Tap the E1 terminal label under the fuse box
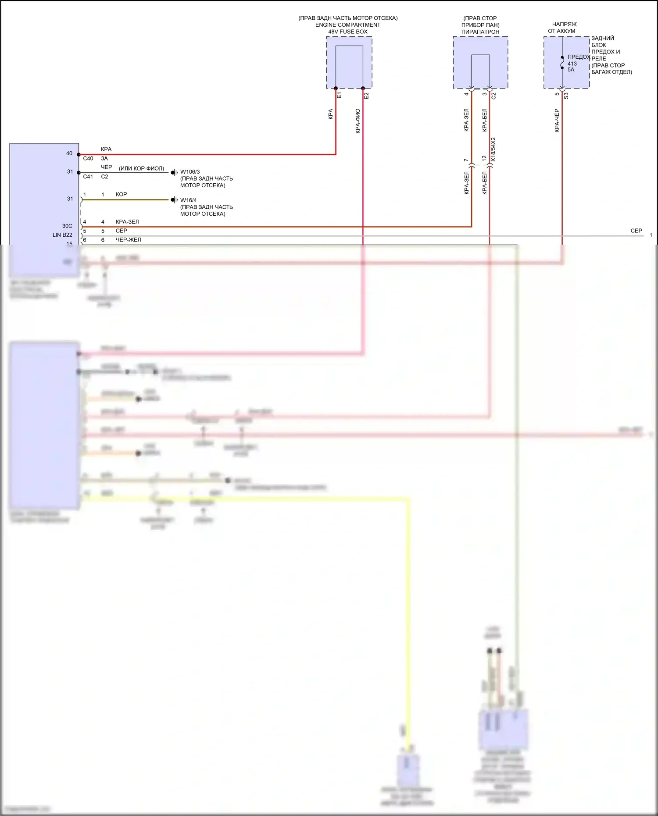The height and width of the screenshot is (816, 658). click(x=339, y=95)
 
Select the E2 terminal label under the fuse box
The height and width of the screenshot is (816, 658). click(x=366, y=95)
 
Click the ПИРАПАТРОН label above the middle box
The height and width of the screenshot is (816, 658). click(x=480, y=32)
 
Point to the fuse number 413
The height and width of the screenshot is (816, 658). click(x=572, y=64)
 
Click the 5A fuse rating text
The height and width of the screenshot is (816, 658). click(x=571, y=70)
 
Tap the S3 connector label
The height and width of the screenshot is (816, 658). click(x=566, y=95)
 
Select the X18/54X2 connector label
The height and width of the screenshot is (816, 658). click(x=493, y=150)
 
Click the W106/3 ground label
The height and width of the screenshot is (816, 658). click(x=190, y=172)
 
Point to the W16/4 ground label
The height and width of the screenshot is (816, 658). click(x=188, y=200)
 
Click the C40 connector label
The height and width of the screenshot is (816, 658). click(x=88, y=159)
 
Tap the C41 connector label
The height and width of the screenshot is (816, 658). click(x=88, y=177)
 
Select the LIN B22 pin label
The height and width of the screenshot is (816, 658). click(x=62, y=235)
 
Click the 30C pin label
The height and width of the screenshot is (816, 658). click(x=67, y=226)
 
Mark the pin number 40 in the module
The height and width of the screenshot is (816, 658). click(x=69, y=153)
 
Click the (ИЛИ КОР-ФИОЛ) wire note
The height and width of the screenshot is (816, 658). click(x=141, y=168)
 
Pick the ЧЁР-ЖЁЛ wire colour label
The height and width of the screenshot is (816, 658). click(x=128, y=240)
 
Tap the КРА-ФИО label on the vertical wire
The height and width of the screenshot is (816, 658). click(x=358, y=121)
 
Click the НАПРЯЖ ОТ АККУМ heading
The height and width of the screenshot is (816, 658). click(x=563, y=28)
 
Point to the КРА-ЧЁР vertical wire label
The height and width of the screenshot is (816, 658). click(x=557, y=121)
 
